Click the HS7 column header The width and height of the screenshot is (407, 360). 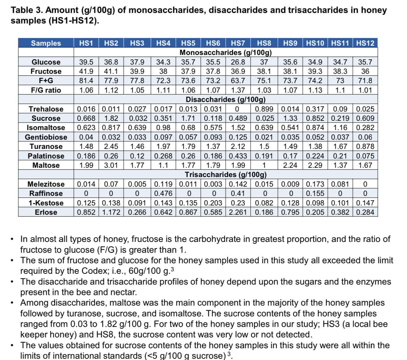(238, 43)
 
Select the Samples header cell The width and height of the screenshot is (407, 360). (46, 43)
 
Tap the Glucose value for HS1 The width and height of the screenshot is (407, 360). (86, 62)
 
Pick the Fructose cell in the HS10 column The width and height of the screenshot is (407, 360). (315, 71)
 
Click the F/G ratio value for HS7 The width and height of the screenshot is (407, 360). (238, 90)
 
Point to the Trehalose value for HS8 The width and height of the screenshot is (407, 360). (264, 109)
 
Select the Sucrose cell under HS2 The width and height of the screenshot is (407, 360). (111, 118)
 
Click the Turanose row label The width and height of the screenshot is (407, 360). (46, 146)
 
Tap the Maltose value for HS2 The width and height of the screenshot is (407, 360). (111, 165)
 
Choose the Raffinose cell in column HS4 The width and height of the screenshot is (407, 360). (163, 193)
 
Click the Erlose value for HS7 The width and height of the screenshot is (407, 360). (238, 212)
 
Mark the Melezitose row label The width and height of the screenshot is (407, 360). (46, 184)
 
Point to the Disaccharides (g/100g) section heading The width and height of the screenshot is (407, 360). (225, 100)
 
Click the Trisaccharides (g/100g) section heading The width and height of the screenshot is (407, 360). (225, 175)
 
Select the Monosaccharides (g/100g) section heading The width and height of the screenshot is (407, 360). (225, 53)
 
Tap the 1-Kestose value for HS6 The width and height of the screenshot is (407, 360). (213, 203)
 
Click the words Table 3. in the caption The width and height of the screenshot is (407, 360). (27, 10)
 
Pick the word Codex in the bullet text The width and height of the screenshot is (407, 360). (94, 271)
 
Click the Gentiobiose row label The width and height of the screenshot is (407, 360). (46, 137)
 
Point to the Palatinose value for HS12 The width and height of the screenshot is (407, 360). (365, 156)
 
